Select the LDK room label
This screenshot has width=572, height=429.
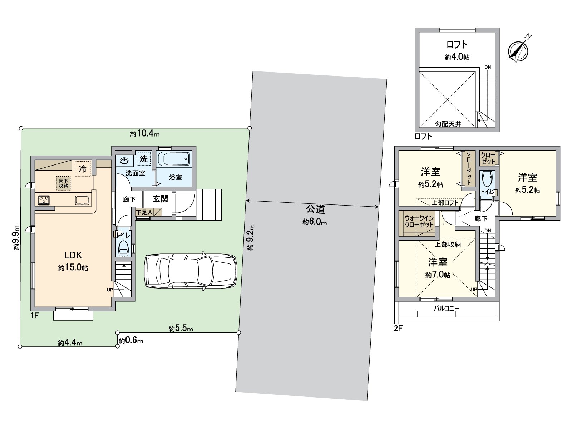73,255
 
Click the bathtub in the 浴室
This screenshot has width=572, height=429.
174,159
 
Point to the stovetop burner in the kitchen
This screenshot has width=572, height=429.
44,200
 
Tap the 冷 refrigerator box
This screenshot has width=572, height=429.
83,168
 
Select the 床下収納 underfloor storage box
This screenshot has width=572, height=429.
63,183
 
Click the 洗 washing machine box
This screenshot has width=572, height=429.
143,159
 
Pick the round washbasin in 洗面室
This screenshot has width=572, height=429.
124,161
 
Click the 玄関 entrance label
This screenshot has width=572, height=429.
161,199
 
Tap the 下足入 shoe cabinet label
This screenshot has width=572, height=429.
144,212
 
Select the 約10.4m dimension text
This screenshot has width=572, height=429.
145,134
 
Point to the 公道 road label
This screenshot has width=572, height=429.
315,209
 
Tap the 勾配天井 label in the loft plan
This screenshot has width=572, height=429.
448,124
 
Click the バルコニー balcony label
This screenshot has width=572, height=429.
447,308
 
